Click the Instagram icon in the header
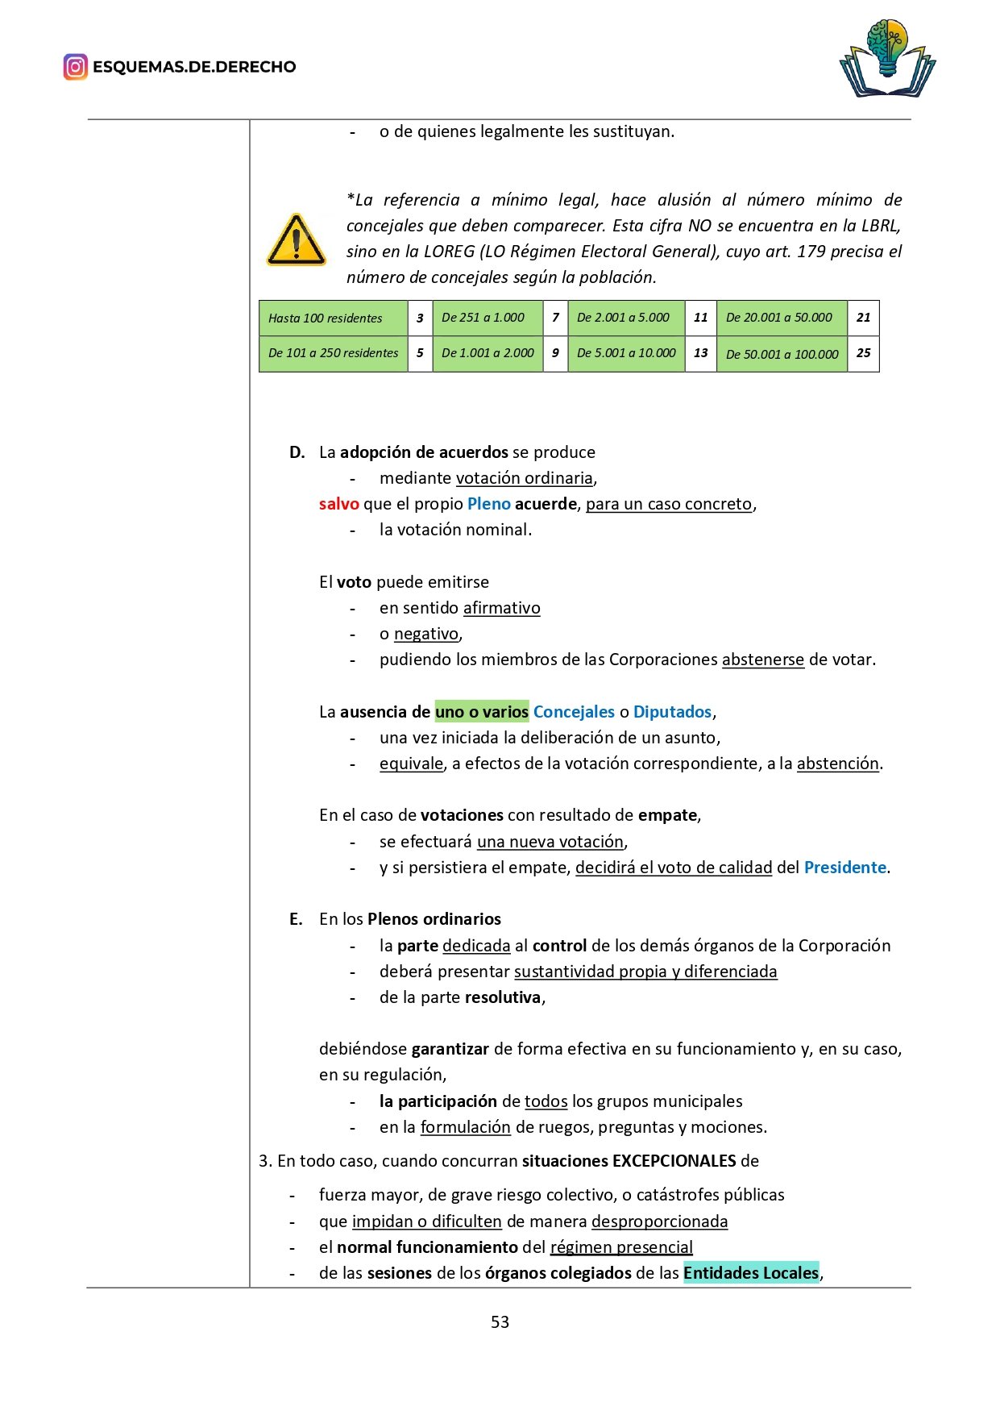[x=75, y=67]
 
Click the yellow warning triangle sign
[x=296, y=240]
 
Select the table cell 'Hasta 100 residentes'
[x=333, y=318]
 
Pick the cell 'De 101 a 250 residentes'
[x=333, y=353]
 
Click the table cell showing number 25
[x=863, y=353]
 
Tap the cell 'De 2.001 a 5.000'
[x=625, y=318]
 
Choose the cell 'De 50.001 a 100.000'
[x=781, y=354]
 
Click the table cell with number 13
[x=700, y=353]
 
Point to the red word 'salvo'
[x=338, y=504]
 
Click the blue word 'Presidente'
[x=844, y=868]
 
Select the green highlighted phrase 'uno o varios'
[x=481, y=712]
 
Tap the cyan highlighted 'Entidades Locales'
[x=750, y=1273]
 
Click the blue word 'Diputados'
[x=672, y=712]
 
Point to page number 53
[x=500, y=1322]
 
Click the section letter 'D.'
[x=297, y=452]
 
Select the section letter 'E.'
[x=297, y=919]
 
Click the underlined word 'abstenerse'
[x=762, y=660]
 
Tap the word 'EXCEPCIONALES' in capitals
[x=674, y=1161]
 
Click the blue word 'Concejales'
[x=574, y=712]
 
